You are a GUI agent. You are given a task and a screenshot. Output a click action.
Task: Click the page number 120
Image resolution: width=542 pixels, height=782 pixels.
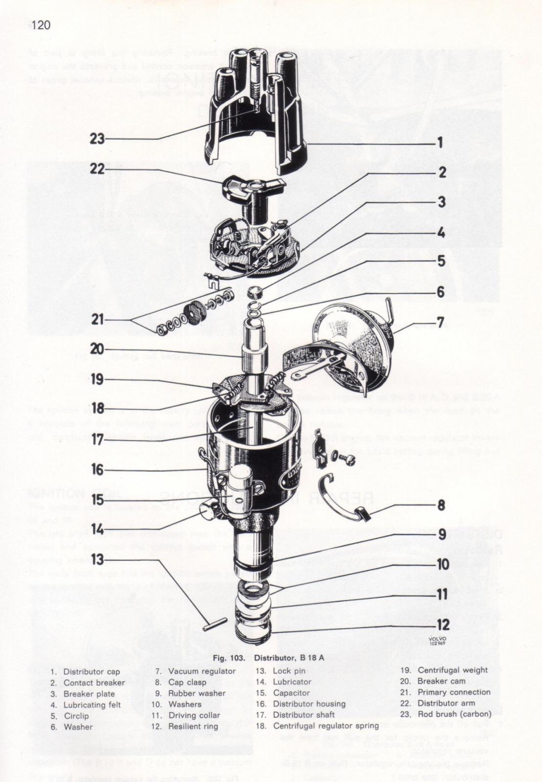point(41,24)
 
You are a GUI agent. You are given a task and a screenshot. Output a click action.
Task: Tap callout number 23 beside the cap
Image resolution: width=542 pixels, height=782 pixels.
point(97,139)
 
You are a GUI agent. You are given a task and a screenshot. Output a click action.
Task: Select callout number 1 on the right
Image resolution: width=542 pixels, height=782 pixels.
point(440,142)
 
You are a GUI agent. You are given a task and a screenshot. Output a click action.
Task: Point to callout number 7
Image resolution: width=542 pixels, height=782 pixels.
point(440,323)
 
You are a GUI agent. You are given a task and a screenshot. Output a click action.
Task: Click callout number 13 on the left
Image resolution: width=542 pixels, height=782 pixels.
point(97,559)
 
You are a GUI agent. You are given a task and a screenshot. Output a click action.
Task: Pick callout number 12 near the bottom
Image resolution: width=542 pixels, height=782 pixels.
point(442,625)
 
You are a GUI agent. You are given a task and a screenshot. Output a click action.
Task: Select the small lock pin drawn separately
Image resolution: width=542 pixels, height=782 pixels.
point(214,625)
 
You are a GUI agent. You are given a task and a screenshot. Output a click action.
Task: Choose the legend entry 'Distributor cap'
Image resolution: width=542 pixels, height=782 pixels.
point(91,672)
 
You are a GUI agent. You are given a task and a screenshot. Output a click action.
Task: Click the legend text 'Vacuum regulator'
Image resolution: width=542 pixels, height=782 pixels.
point(202,671)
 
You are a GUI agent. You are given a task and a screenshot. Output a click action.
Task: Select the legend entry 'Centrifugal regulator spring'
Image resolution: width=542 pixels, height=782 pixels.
point(326,726)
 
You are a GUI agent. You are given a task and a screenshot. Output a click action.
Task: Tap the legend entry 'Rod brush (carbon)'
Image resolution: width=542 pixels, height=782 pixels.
point(454,714)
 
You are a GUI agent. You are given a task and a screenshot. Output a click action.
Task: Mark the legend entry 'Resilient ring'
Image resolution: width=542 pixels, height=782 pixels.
point(193,726)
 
